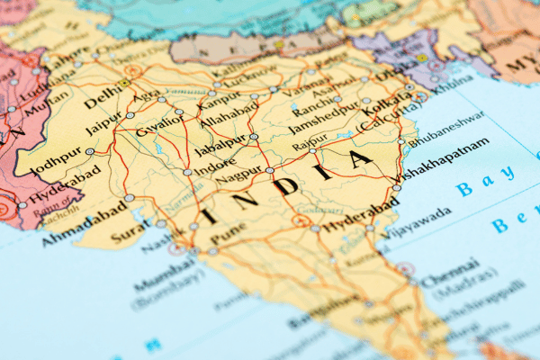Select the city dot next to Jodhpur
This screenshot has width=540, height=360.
click(x=90, y=152)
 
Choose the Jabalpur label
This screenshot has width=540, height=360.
click(x=220, y=148)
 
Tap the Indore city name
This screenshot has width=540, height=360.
click(x=217, y=166)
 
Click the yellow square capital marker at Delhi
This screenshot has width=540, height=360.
click(x=123, y=83)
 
